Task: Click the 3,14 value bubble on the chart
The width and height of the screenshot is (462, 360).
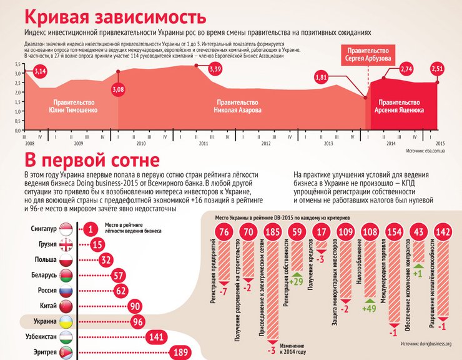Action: pos(40,72)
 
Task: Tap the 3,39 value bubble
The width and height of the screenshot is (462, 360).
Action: pos(215,69)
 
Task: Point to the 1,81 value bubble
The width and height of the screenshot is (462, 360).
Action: pos(322,78)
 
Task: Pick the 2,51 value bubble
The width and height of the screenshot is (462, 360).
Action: pos(438,69)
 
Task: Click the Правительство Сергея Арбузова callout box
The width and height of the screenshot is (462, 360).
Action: pos(368,54)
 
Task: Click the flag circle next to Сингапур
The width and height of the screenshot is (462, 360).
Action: pos(66,229)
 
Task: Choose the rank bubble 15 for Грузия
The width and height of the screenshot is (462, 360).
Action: pos(97,244)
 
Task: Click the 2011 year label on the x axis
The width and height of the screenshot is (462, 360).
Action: pos(203,143)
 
